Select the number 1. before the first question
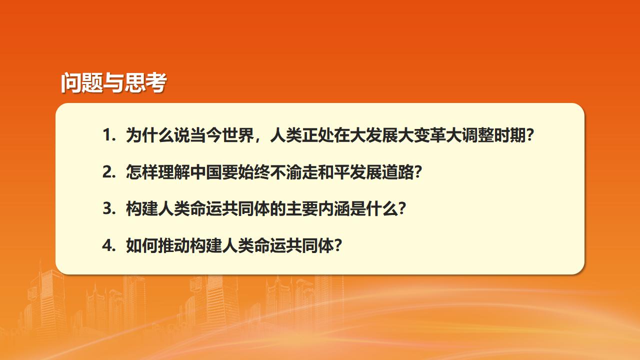[109, 135]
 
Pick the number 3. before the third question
[109, 209]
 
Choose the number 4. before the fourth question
[109, 246]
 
